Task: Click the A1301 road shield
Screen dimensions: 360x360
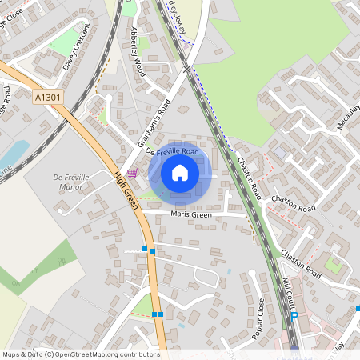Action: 47,96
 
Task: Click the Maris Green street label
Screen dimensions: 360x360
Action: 190,214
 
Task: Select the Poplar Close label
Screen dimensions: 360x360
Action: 258,319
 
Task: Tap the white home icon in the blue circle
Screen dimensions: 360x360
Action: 180,172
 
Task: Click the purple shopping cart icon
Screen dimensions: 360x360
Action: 132,173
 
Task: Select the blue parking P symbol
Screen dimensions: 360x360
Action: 295,315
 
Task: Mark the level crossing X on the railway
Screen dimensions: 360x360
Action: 186,70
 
